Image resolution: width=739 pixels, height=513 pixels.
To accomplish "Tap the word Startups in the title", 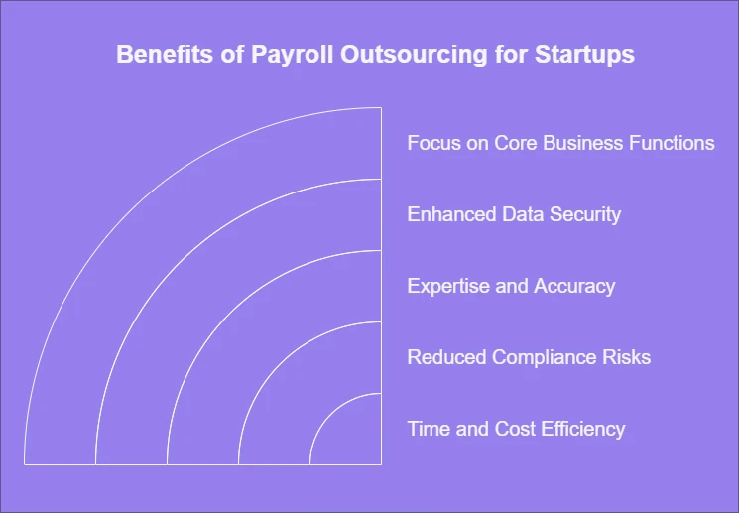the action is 584,55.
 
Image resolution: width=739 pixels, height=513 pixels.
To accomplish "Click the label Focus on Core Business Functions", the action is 560,143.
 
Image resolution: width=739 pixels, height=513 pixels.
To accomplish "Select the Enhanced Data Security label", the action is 514,214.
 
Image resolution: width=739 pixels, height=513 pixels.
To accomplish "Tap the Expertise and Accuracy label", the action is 511,286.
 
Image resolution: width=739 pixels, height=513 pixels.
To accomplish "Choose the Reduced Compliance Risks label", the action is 529,357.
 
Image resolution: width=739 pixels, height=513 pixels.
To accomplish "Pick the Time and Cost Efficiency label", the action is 516,429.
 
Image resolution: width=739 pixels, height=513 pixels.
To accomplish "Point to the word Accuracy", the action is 574,286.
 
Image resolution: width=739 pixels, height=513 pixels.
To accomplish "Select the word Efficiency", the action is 582,429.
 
